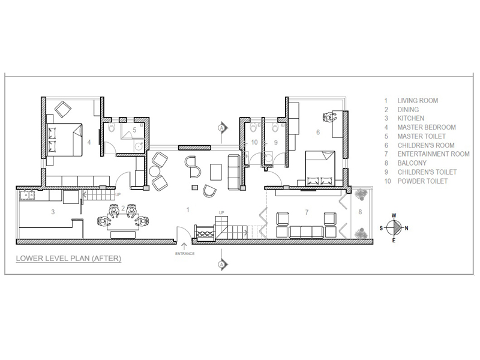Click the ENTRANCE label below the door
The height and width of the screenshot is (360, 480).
185,253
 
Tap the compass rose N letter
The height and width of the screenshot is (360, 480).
406,228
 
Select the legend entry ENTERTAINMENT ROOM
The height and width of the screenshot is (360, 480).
433,154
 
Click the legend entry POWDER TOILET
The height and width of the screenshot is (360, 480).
422,181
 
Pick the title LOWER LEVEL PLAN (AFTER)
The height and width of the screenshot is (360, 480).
68,259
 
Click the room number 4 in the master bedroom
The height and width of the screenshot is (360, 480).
89,142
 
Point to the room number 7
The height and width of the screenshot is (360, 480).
307,212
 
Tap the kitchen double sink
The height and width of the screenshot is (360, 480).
27,194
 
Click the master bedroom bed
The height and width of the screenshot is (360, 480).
65,140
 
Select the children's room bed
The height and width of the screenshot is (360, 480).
320,168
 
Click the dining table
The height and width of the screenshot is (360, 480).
122,222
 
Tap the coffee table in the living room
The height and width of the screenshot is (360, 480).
216,172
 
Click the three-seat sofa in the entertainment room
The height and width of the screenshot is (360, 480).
306,232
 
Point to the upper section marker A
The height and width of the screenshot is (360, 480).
222,127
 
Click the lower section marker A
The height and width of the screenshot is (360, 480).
222,264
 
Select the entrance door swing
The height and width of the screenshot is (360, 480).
183,234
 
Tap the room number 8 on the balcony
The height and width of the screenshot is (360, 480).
360,212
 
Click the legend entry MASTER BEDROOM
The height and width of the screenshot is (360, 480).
427,127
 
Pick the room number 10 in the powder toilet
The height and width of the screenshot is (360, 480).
254,142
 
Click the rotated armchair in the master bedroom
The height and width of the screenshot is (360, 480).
63,109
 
